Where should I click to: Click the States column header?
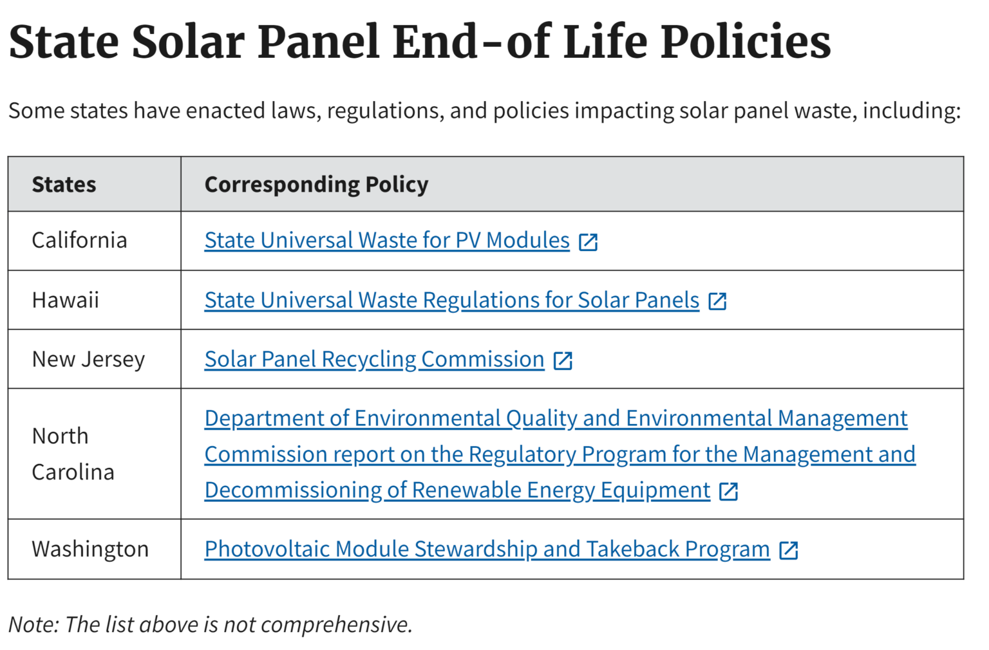tap(64, 185)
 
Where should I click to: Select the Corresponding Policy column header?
tap(316, 185)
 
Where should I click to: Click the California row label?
tap(79, 240)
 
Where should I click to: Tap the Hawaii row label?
tap(66, 300)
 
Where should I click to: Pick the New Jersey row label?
tap(88, 359)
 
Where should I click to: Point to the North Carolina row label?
tap(73, 454)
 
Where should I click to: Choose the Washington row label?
tap(90, 549)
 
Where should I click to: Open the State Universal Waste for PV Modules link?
tap(387, 240)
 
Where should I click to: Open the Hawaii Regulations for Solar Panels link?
tap(451, 300)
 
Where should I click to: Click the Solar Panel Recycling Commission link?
tap(374, 359)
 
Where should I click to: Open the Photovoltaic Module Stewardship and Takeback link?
tap(487, 549)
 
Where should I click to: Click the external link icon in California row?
tap(589, 242)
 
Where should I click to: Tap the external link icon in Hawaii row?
tap(717, 301)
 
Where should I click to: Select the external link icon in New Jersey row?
tap(563, 360)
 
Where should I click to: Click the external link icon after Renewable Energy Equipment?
tap(728, 491)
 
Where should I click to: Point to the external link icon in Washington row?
tap(789, 550)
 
